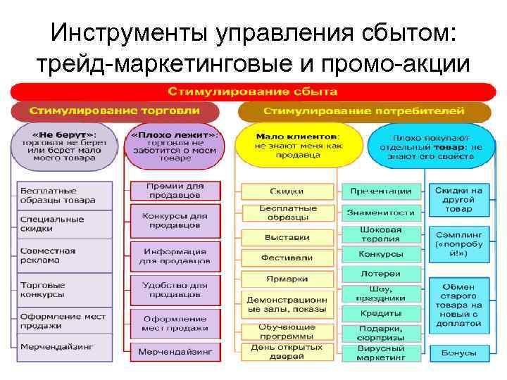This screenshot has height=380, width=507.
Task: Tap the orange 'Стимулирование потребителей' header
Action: [x=364, y=111]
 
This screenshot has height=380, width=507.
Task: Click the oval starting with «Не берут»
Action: [x=63, y=146]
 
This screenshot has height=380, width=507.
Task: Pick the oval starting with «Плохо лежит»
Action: [x=174, y=147]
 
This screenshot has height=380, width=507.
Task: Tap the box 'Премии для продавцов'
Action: [x=175, y=190]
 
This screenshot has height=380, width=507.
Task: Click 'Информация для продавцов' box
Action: [x=175, y=255]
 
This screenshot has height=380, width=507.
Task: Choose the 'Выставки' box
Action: [x=287, y=237]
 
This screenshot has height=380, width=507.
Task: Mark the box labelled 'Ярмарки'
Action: [x=287, y=279]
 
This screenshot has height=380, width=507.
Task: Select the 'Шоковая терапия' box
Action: [x=381, y=234]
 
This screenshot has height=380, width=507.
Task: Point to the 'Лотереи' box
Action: [x=381, y=274]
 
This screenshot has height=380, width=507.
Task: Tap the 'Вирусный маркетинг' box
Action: [x=381, y=353]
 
